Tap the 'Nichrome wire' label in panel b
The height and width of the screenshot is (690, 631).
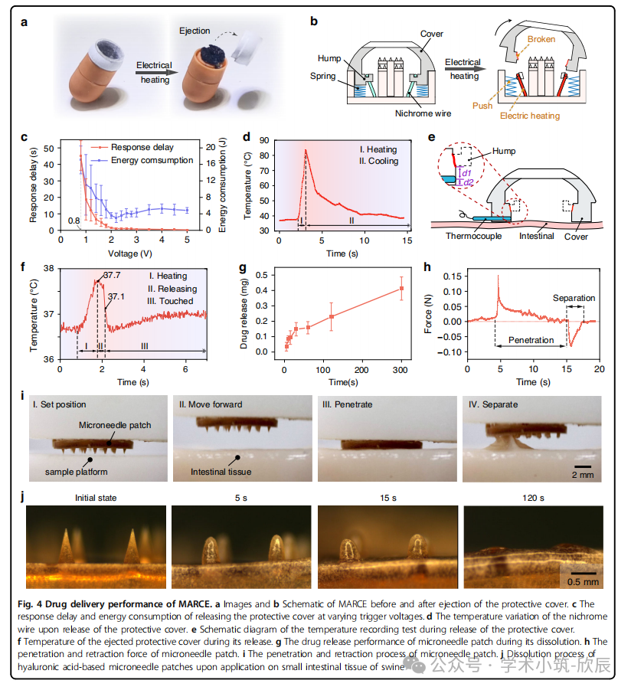[x=423, y=114]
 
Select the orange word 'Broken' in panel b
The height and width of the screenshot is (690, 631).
[x=541, y=39]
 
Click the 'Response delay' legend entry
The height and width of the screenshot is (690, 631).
[x=142, y=147]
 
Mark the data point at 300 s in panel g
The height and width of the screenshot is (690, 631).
[x=401, y=289]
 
